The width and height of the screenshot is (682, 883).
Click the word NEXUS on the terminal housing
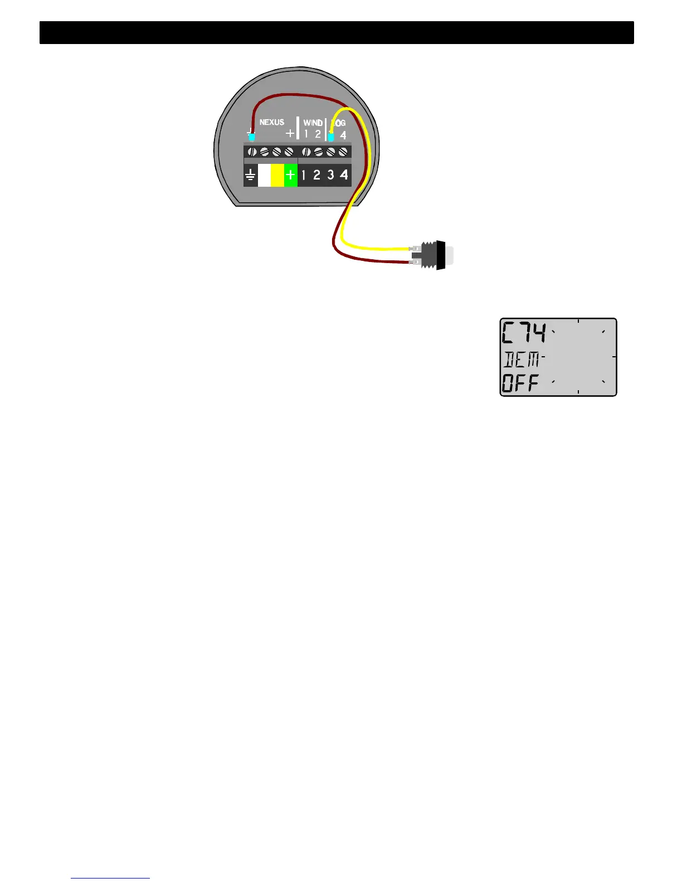pyautogui.click(x=272, y=122)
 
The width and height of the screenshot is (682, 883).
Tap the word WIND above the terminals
pyautogui.click(x=313, y=123)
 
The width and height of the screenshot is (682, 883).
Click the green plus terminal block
pyautogui.click(x=290, y=175)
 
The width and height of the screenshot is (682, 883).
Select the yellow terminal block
pyautogui.click(x=277, y=175)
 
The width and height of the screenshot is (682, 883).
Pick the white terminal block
pyautogui.click(x=264, y=175)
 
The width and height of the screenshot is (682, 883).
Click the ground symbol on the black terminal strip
pyautogui.click(x=251, y=176)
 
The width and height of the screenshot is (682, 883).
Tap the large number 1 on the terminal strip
pyautogui.click(x=304, y=175)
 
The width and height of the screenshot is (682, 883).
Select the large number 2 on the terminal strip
pyautogui.click(x=316, y=175)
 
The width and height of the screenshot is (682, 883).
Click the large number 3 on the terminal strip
pyautogui.click(x=330, y=175)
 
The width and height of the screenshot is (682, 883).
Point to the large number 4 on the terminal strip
pyautogui.click(x=344, y=175)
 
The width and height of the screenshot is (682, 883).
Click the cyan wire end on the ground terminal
pyautogui.click(x=252, y=137)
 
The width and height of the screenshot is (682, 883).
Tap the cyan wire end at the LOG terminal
pyautogui.click(x=331, y=137)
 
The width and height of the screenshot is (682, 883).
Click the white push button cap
pyautogui.click(x=450, y=255)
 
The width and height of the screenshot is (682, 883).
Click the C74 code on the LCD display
pyautogui.click(x=524, y=334)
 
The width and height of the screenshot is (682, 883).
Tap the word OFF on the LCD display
pyautogui.click(x=521, y=384)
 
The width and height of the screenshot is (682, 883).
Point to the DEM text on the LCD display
pyautogui.click(x=522, y=360)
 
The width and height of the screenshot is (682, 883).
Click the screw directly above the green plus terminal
pyautogui.click(x=289, y=152)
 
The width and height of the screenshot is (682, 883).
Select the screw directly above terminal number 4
pyautogui.click(x=343, y=152)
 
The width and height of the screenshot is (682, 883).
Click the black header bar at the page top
pyautogui.click(x=337, y=32)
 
